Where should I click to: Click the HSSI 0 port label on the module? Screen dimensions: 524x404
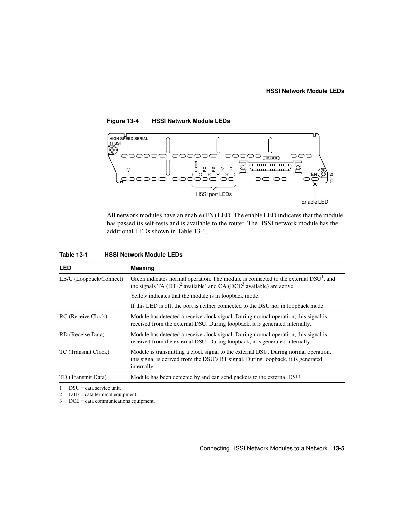tap(271, 158)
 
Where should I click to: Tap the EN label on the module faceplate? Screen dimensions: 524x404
tap(314, 174)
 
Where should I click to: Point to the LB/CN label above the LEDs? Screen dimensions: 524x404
tap(196, 167)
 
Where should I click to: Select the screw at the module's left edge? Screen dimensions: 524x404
tap(113, 150)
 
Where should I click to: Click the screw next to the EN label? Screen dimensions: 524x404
tap(322, 174)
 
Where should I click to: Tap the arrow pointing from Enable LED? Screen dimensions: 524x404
tap(314, 189)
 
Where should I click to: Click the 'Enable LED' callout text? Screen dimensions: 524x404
tap(315, 202)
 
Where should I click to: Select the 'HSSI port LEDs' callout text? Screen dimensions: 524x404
tap(214, 194)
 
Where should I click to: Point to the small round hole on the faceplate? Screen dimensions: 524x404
tap(129, 170)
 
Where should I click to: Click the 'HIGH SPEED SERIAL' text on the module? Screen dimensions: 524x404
tap(129, 139)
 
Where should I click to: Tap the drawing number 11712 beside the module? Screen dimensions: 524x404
tap(331, 177)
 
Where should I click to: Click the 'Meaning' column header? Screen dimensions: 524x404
tap(143, 268)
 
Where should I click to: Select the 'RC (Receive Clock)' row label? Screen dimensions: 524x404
tap(83, 317)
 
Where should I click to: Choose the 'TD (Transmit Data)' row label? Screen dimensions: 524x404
tap(83, 377)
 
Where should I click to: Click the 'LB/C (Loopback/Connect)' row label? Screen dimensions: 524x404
tap(91, 279)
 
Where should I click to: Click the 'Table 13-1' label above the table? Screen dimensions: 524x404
tap(73, 255)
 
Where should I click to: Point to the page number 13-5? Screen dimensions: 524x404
tap(339, 449)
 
